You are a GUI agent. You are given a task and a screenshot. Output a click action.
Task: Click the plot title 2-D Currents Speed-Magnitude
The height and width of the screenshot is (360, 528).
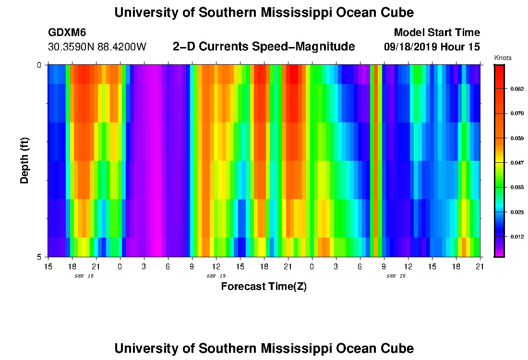(x=264, y=47)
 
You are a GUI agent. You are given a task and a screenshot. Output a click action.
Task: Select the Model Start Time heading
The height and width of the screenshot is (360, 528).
(x=436, y=33)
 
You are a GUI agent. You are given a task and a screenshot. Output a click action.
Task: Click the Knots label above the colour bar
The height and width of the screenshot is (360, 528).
(x=503, y=58)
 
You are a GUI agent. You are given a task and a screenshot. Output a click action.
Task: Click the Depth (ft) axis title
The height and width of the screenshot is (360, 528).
(x=25, y=161)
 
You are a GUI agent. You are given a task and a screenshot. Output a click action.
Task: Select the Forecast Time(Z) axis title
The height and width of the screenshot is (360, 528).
(x=264, y=287)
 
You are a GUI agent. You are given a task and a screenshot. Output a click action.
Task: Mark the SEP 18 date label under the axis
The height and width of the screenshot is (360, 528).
(x=84, y=276)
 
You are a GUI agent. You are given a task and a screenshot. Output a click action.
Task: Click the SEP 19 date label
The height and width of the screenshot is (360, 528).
(x=216, y=276)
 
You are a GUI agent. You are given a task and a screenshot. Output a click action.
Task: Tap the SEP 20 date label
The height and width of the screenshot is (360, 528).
(x=396, y=276)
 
